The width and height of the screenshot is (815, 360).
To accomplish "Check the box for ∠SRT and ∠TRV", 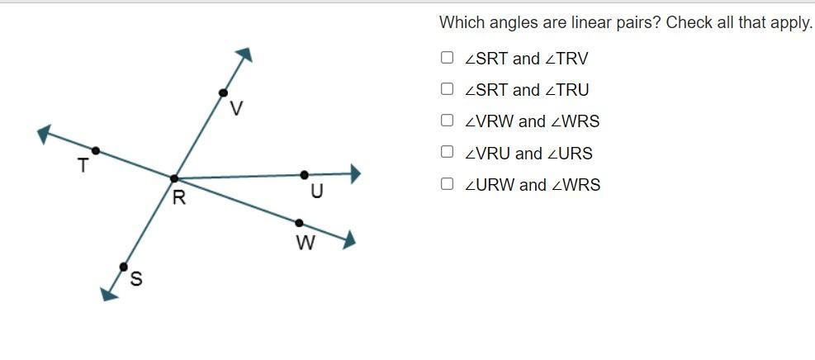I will (447, 58).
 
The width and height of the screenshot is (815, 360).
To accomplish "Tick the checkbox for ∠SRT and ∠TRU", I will (447, 89).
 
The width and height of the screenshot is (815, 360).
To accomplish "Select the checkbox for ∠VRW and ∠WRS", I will (447, 121).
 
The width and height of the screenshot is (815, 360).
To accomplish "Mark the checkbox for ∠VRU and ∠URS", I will (447, 152).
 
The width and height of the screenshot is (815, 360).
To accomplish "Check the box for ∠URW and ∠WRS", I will (447, 183).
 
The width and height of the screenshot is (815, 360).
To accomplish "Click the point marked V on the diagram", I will (223, 93).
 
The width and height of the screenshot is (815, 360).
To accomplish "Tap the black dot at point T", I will (96, 150).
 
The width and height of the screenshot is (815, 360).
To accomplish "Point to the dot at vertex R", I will (174, 178).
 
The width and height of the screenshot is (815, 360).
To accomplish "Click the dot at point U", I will (305, 175).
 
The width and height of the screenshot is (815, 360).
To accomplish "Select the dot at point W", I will (299, 223).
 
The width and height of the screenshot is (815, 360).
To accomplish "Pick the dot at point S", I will (123, 267).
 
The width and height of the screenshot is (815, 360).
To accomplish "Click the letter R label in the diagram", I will (179, 197).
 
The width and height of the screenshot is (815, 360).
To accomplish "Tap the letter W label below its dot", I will (305, 244).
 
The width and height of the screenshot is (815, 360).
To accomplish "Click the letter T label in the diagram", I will (83, 166).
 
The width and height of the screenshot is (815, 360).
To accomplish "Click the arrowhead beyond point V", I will (244, 55).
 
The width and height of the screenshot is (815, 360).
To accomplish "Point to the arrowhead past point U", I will (355, 173).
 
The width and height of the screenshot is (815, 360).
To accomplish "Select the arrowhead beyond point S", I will (109, 291).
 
